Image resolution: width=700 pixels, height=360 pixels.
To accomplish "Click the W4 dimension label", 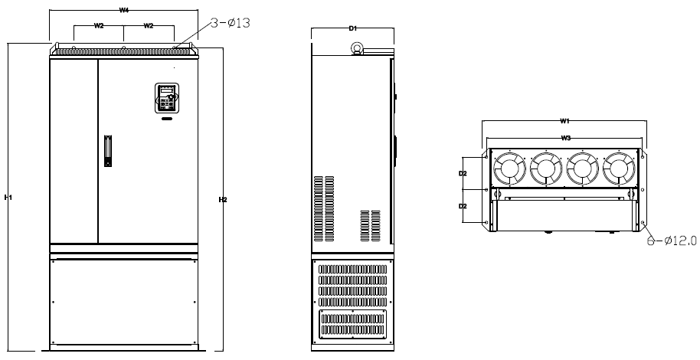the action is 123,10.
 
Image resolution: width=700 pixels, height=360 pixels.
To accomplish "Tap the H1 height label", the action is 8,198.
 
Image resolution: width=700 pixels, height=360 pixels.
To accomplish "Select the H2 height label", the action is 223,200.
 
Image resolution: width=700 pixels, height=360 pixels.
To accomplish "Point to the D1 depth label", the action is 352,28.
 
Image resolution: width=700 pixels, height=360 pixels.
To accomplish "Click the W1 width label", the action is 564,120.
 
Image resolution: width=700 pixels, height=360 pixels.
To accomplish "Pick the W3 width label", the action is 566,138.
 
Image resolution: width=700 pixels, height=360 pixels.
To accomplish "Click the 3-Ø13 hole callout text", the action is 231,23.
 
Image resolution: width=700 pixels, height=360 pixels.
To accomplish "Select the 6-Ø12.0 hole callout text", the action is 672,241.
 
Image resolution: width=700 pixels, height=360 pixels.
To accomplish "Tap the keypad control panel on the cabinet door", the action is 167,98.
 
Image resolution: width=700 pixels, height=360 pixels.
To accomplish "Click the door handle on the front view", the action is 108,151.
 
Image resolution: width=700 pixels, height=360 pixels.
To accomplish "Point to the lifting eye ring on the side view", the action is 357,47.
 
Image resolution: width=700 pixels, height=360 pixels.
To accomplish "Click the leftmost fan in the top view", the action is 510,169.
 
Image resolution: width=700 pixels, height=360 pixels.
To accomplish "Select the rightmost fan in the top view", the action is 619,169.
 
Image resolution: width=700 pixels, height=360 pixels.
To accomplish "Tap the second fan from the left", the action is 546,169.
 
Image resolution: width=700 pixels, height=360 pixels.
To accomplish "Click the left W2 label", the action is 99,26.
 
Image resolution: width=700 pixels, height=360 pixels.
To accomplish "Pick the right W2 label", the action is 149,26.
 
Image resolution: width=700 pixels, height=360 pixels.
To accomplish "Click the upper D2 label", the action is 463,173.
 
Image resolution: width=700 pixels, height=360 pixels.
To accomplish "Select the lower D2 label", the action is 463,206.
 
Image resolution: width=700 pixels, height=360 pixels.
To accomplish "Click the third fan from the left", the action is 583,169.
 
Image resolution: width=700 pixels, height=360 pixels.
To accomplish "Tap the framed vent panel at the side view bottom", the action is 352,324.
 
